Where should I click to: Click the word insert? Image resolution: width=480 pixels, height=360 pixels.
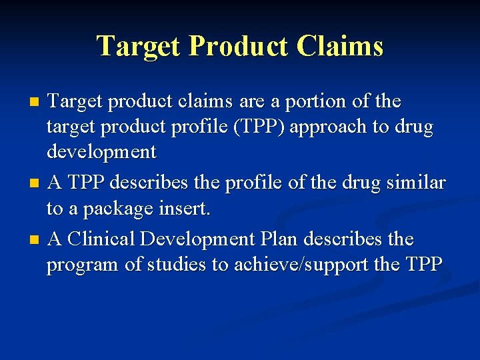click(x=185, y=209)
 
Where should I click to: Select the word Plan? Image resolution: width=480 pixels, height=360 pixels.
click(x=279, y=238)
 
